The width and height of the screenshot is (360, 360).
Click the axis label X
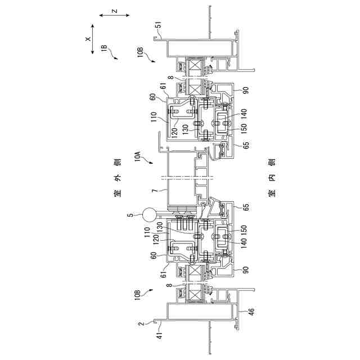pyautogui.click(x=88, y=40)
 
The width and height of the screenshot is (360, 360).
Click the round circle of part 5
pyautogui.click(x=150, y=214)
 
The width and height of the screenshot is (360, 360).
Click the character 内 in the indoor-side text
pyautogui.click(x=272, y=179)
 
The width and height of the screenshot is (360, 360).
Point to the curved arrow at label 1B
pyautogui.click(x=114, y=55)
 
